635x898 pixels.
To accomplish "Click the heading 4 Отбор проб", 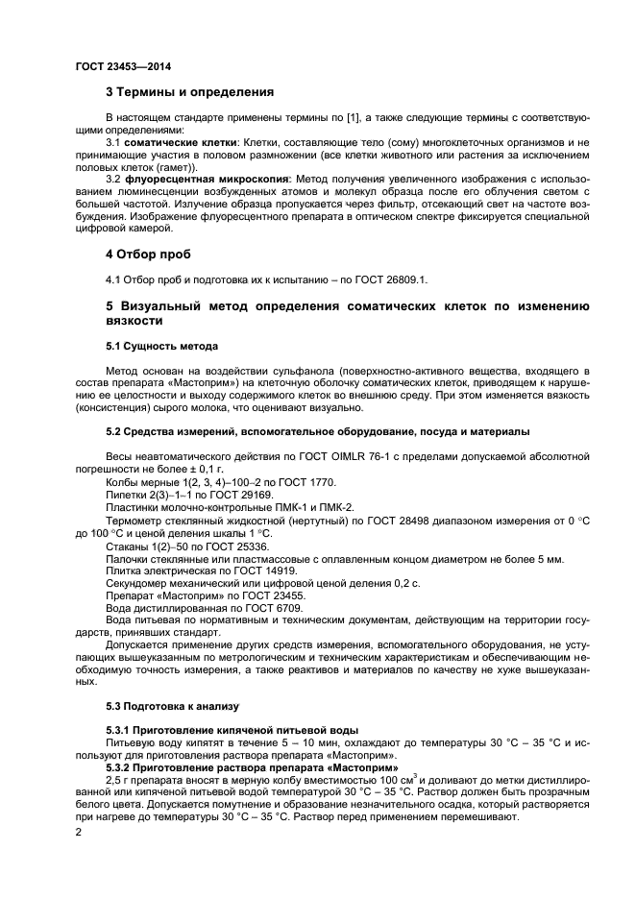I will click(x=148, y=255).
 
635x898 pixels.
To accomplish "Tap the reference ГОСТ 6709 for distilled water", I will click(x=252, y=607).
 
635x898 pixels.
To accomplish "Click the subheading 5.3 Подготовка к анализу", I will click(x=171, y=707).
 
